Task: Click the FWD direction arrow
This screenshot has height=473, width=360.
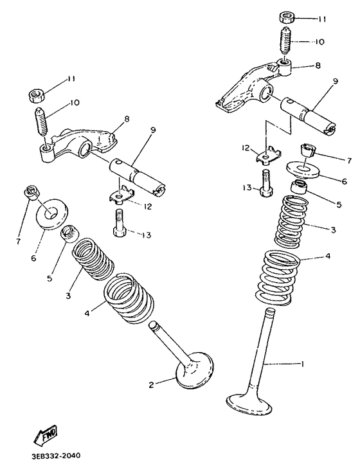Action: [46, 435]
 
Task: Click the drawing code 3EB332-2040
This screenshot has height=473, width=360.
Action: [55, 456]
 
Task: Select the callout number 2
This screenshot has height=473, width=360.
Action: [152, 384]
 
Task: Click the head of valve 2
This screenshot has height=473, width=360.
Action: [194, 370]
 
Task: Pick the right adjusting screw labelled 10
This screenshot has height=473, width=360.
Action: [286, 41]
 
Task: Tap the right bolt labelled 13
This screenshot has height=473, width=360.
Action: [266, 183]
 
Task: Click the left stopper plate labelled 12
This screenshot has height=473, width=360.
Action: [122, 194]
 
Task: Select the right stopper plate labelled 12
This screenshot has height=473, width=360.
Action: [269, 155]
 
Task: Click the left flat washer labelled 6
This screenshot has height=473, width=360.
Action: [52, 214]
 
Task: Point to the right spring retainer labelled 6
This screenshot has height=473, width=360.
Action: [303, 170]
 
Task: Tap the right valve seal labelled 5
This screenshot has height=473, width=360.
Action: [300, 187]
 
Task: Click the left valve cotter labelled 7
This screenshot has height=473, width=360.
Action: [30, 193]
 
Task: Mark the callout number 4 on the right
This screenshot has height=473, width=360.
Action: [328, 257]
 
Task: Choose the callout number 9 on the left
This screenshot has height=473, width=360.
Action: [153, 130]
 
